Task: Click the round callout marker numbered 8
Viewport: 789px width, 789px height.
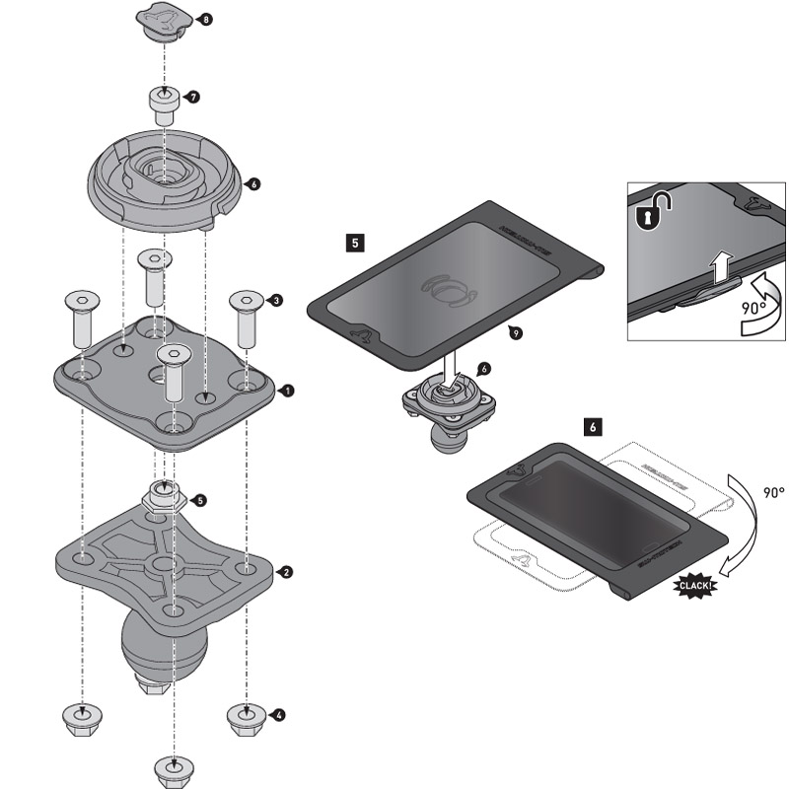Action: pyautogui.click(x=205, y=20)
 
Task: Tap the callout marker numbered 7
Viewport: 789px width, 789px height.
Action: pyautogui.click(x=193, y=98)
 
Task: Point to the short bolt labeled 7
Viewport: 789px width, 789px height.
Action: pyautogui.click(x=163, y=103)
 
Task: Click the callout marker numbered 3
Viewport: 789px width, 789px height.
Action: pyautogui.click(x=276, y=300)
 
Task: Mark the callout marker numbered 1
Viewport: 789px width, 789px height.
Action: pyautogui.click(x=287, y=391)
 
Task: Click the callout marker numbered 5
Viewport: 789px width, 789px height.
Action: pyautogui.click(x=200, y=500)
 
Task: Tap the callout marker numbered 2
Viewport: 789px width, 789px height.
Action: pyautogui.click(x=285, y=572)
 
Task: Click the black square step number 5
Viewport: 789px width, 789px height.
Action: pyautogui.click(x=355, y=240)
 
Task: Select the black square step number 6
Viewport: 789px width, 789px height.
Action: pyautogui.click(x=592, y=427)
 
